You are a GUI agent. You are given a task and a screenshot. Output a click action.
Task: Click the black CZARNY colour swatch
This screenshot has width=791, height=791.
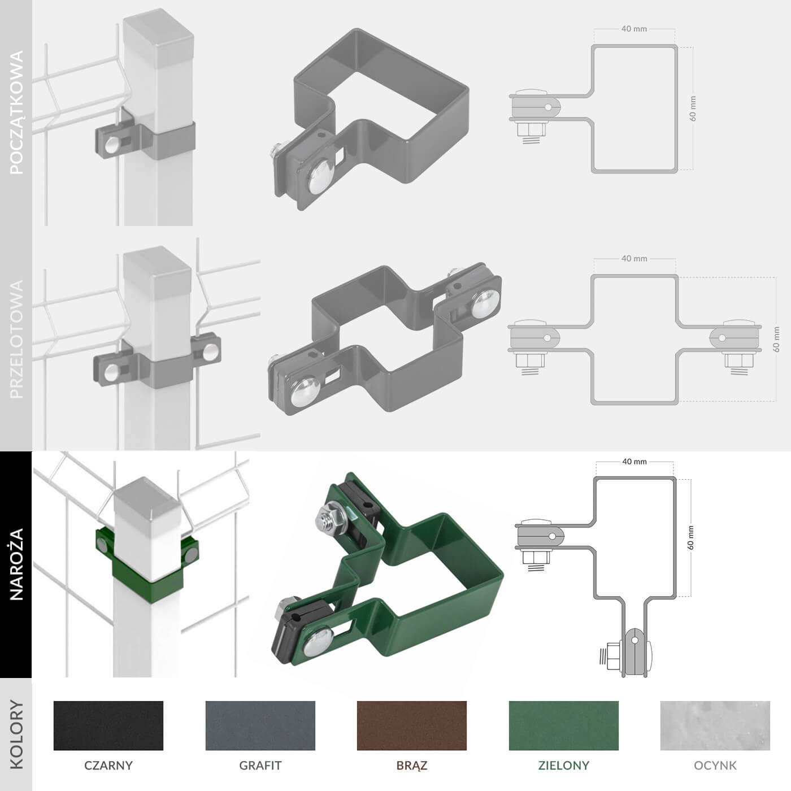(x=108, y=725)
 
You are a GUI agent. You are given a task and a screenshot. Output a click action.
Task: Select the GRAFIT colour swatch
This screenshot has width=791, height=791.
(x=260, y=725)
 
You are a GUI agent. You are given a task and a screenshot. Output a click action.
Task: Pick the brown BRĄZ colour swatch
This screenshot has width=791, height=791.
(x=412, y=725)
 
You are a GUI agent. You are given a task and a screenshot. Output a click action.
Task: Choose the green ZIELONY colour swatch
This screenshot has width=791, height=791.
(x=563, y=725)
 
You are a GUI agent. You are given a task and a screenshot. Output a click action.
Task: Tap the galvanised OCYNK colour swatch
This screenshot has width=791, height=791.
(x=715, y=725)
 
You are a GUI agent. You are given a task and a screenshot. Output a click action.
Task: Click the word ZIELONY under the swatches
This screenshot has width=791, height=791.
(x=563, y=766)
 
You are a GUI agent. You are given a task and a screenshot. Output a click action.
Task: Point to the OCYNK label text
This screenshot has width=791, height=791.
(x=715, y=766)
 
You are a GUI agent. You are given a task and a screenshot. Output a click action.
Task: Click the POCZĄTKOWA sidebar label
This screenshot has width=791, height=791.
(x=16, y=112)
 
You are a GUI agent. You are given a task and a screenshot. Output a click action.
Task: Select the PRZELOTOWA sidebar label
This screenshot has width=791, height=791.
(x=16, y=339)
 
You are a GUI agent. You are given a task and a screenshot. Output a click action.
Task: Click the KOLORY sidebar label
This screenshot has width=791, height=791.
(x=16, y=734)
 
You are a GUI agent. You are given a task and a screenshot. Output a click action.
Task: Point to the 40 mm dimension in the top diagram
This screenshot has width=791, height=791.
(x=634, y=29)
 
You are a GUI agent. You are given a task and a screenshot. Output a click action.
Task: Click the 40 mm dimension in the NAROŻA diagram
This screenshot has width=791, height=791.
(x=634, y=462)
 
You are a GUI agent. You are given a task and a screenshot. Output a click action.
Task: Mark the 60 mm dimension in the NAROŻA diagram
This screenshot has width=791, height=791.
(x=690, y=537)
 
